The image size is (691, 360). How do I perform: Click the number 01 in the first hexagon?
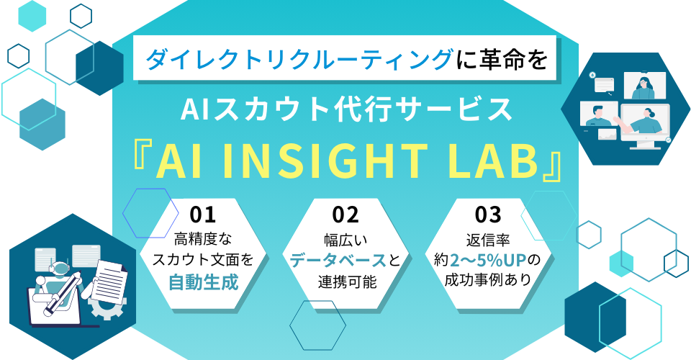click(203, 215)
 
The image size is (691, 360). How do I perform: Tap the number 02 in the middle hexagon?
click(345, 215)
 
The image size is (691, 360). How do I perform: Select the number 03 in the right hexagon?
click(488, 215)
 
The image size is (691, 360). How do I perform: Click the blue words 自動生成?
click(204, 282)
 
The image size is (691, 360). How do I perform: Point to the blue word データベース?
click(338, 261)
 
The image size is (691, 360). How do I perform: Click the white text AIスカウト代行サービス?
click(346, 109)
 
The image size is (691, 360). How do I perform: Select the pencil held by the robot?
click(63, 294)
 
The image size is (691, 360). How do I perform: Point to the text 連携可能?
click(347, 282)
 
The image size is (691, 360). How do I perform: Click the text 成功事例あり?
click(487, 280)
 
